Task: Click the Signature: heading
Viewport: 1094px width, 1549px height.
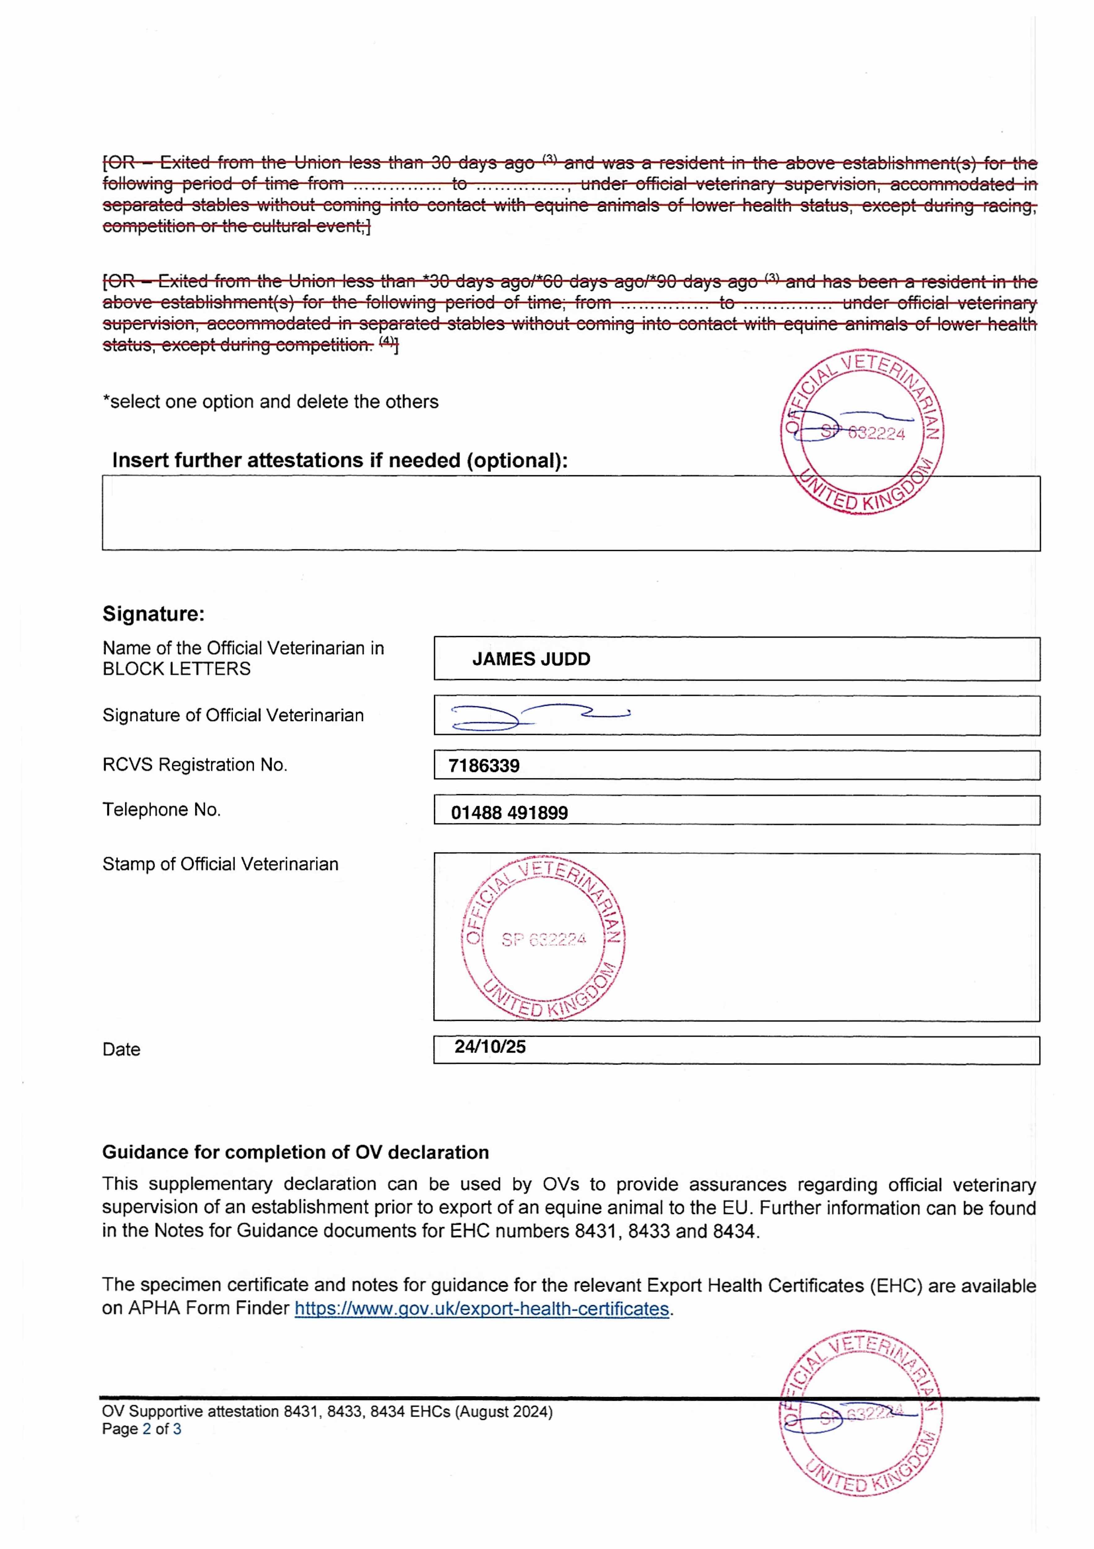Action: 153,614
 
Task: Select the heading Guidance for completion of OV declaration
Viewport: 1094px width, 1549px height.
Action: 295,1152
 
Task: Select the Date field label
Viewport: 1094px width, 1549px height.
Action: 121,1050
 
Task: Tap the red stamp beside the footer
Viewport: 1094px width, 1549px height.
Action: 861,1415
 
